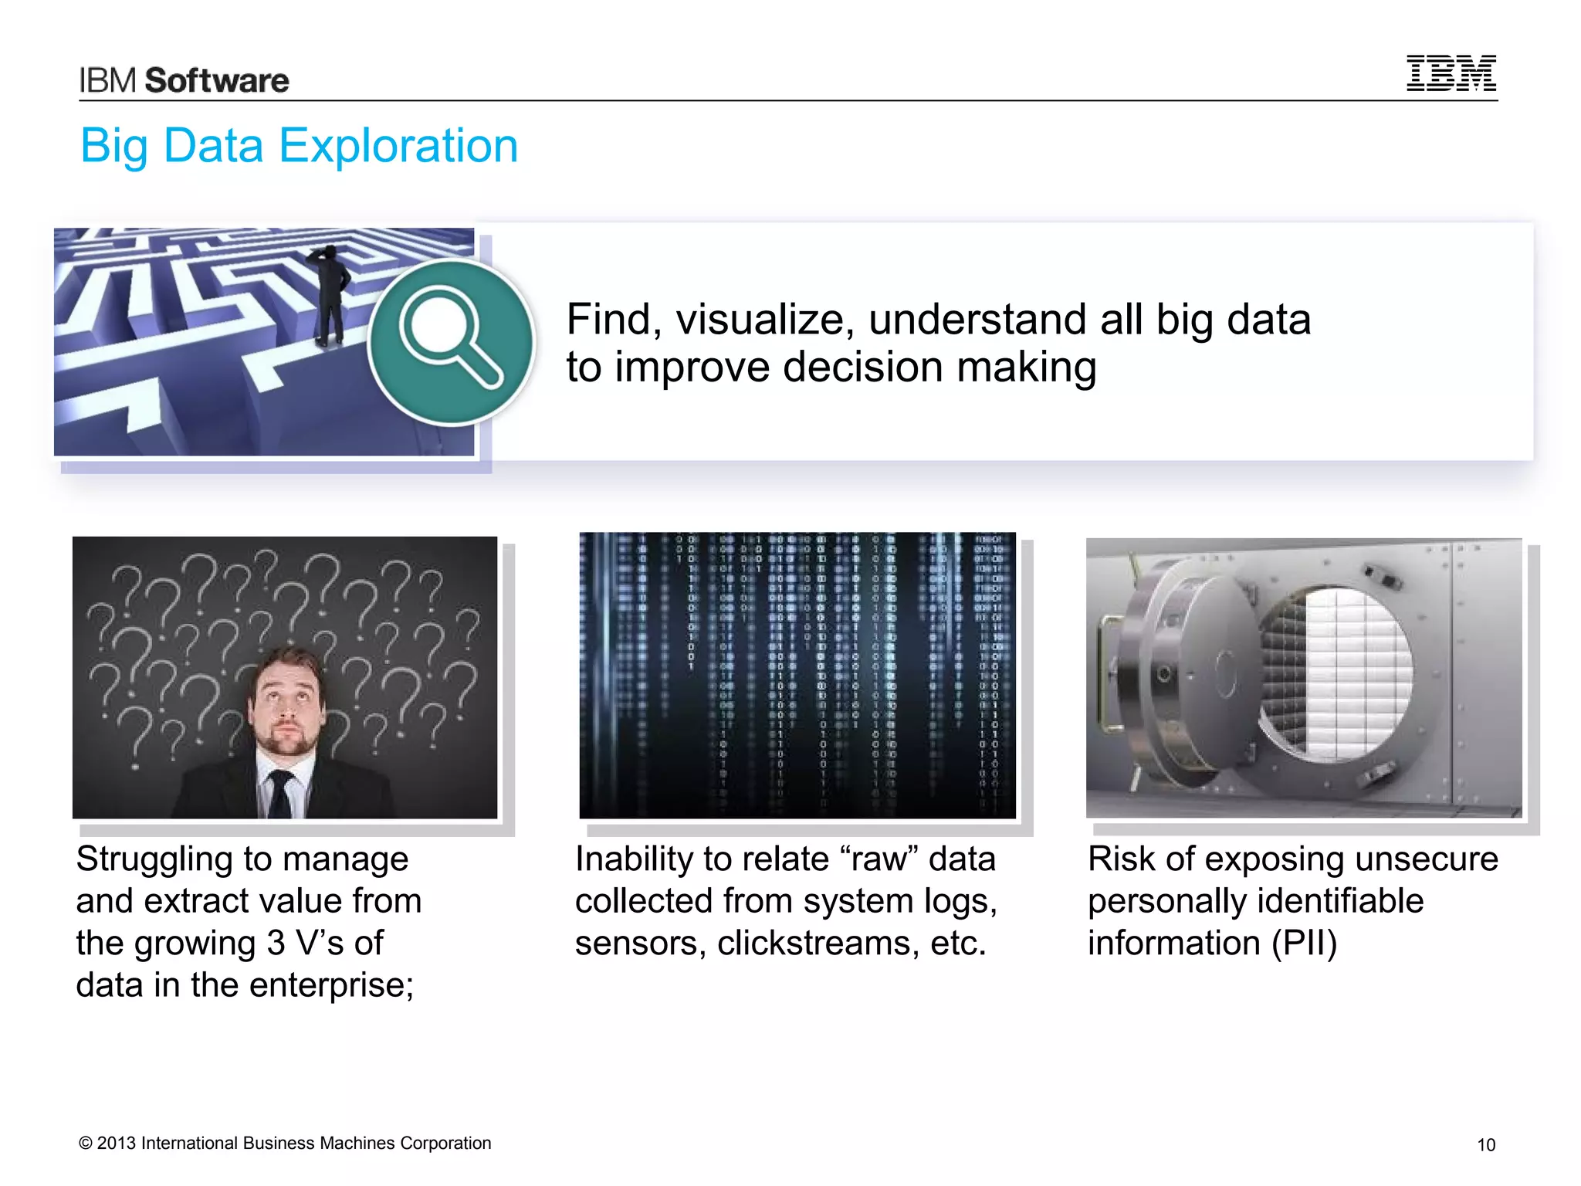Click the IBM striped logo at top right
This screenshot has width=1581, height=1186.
pyautogui.click(x=1451, y=73)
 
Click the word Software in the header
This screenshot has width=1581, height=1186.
pyautogui.click(x=217, y=80)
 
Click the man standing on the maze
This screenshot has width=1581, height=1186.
pyautogui.click(x=330, y=293)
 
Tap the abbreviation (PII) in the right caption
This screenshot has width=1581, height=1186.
pyautogui.click(x=1304, y=943)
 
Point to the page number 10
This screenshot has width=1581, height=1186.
pyautogui.click(x=1485, y=1145)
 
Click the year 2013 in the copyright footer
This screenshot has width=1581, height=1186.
pyautogui.click(x=117, y=1143)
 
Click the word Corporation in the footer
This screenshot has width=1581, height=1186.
pyautogui.click(x=445, y=1143)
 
